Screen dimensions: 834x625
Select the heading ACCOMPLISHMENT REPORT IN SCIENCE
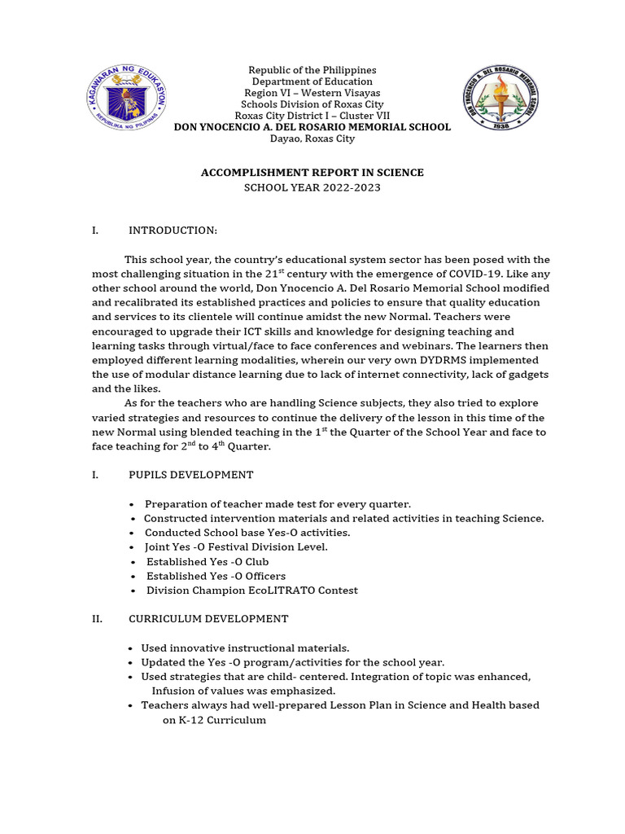tap(312, 173)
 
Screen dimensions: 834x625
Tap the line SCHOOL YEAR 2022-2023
tap(312, 187)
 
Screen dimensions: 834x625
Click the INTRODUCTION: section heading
tap(173, 230)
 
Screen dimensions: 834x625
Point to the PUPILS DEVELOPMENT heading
tap(190, 475)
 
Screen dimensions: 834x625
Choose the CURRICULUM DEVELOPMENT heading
tap(208, 619)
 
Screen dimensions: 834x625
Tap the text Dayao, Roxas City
tap(312, 138)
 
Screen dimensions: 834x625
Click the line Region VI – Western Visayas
tap(312, 93)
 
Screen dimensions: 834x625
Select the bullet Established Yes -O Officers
tap(216, 576)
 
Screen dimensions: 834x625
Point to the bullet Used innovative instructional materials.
tap(245, 648)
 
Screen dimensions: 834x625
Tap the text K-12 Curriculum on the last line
tap(214, 720)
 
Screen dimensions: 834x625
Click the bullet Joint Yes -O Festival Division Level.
tap(236, 547)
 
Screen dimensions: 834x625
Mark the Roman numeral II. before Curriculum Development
tap(97, 619)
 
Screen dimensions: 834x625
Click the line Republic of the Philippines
tap(312, 70)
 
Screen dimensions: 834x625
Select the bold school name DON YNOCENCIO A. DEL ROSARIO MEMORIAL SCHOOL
tap(312, 127)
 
